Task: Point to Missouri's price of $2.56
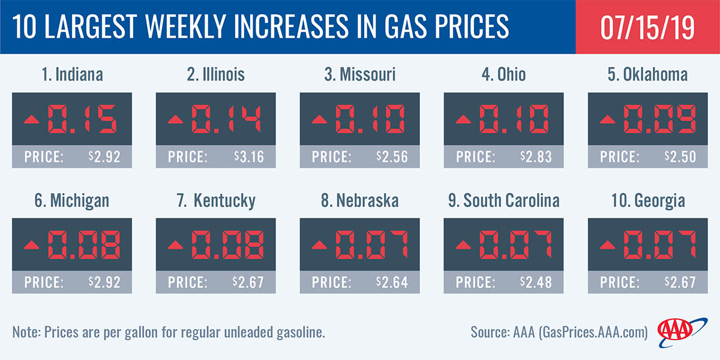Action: pyautogui.click(x=392, y=157)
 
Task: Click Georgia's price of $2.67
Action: pyautogui.click(x=681, y=283)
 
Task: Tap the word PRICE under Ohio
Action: pyautogui.click(x=476, y=157)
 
